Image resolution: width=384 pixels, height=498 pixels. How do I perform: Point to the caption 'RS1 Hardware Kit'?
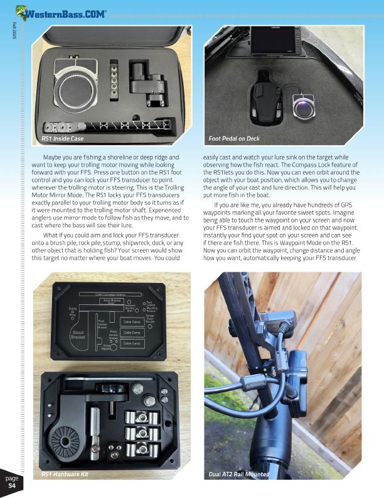tap(65, 474)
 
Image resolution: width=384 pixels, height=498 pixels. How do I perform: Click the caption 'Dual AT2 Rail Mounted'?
tap(238, 474)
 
